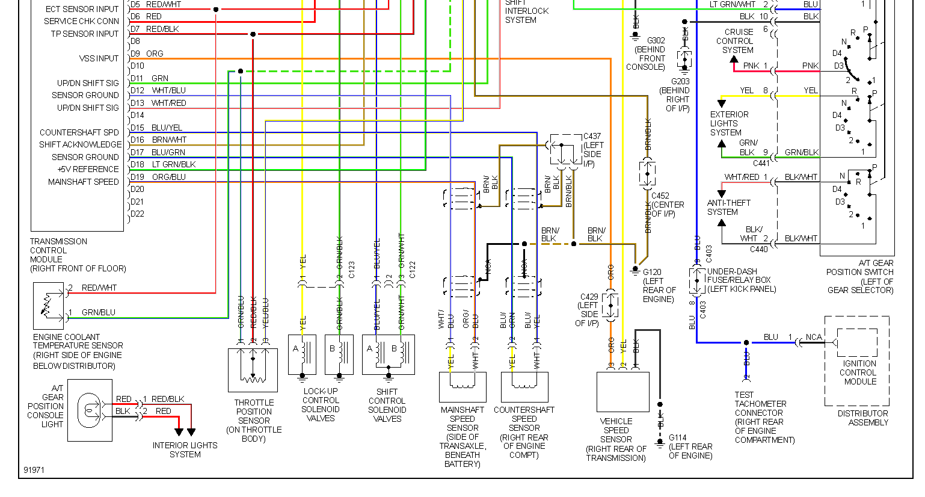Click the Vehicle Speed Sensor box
(622, 392)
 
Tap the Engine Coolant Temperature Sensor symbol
(48, 306)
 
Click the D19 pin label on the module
(137, 177)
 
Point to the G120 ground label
(653, 272)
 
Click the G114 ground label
(678, 438)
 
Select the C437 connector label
(592, 137)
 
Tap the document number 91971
(34, 470)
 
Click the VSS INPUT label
(99, 58)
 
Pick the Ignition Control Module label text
(859, 372)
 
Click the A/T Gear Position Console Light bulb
(90, 410)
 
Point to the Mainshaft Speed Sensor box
(463, 387)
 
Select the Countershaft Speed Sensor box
(524, 387)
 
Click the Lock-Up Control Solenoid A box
(302, 355)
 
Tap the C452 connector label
(660, 196)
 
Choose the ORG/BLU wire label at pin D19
(168, 177)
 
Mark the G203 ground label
(680, 81)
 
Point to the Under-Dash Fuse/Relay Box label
(741, 280)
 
